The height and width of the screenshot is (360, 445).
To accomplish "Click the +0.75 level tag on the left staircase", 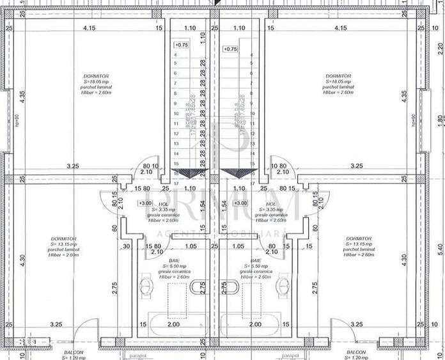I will coord(182,45).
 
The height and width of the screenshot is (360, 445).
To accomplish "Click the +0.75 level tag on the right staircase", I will coord(230,49).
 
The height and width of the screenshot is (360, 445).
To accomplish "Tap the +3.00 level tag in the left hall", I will coord(145,203).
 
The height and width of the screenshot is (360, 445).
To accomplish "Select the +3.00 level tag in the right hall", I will coord(240,203).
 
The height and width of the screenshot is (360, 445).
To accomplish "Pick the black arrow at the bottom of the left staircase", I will coord(185,173).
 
